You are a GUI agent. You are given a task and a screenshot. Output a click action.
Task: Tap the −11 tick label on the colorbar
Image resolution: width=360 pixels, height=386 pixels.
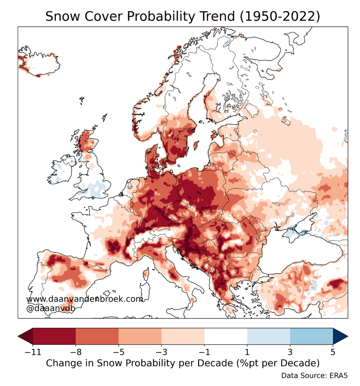click(32, 353)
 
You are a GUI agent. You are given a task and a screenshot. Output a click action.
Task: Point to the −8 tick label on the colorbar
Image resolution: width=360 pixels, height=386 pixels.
click(75, 353)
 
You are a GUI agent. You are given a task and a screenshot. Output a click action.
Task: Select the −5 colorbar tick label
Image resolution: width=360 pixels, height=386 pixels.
click(118, 353)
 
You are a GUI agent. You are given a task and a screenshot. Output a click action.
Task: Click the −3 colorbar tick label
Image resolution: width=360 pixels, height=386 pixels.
click(161, 353)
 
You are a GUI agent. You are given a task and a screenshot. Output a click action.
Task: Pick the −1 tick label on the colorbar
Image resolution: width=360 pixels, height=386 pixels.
click(204, 353)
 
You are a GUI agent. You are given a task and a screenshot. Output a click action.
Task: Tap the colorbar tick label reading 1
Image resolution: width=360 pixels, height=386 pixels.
click(247, 353)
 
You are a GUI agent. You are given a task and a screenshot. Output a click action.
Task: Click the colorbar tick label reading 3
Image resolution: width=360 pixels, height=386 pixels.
click(290, 353)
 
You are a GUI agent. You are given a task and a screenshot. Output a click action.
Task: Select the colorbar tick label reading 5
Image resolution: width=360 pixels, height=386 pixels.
click(333, 353)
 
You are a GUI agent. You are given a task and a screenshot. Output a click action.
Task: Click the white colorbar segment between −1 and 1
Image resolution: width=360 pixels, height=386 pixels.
click(226, 335)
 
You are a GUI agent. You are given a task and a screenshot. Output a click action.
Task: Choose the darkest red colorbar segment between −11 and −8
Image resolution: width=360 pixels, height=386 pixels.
click(54, 335)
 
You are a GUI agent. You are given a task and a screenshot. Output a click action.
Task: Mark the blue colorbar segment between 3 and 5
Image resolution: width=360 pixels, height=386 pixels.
click(311, 335)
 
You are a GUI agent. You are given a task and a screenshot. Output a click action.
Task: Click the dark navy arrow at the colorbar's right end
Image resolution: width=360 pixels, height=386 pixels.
click(340, 335)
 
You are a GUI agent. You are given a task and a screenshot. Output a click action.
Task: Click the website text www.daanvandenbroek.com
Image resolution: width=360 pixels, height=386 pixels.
click(85, 299)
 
